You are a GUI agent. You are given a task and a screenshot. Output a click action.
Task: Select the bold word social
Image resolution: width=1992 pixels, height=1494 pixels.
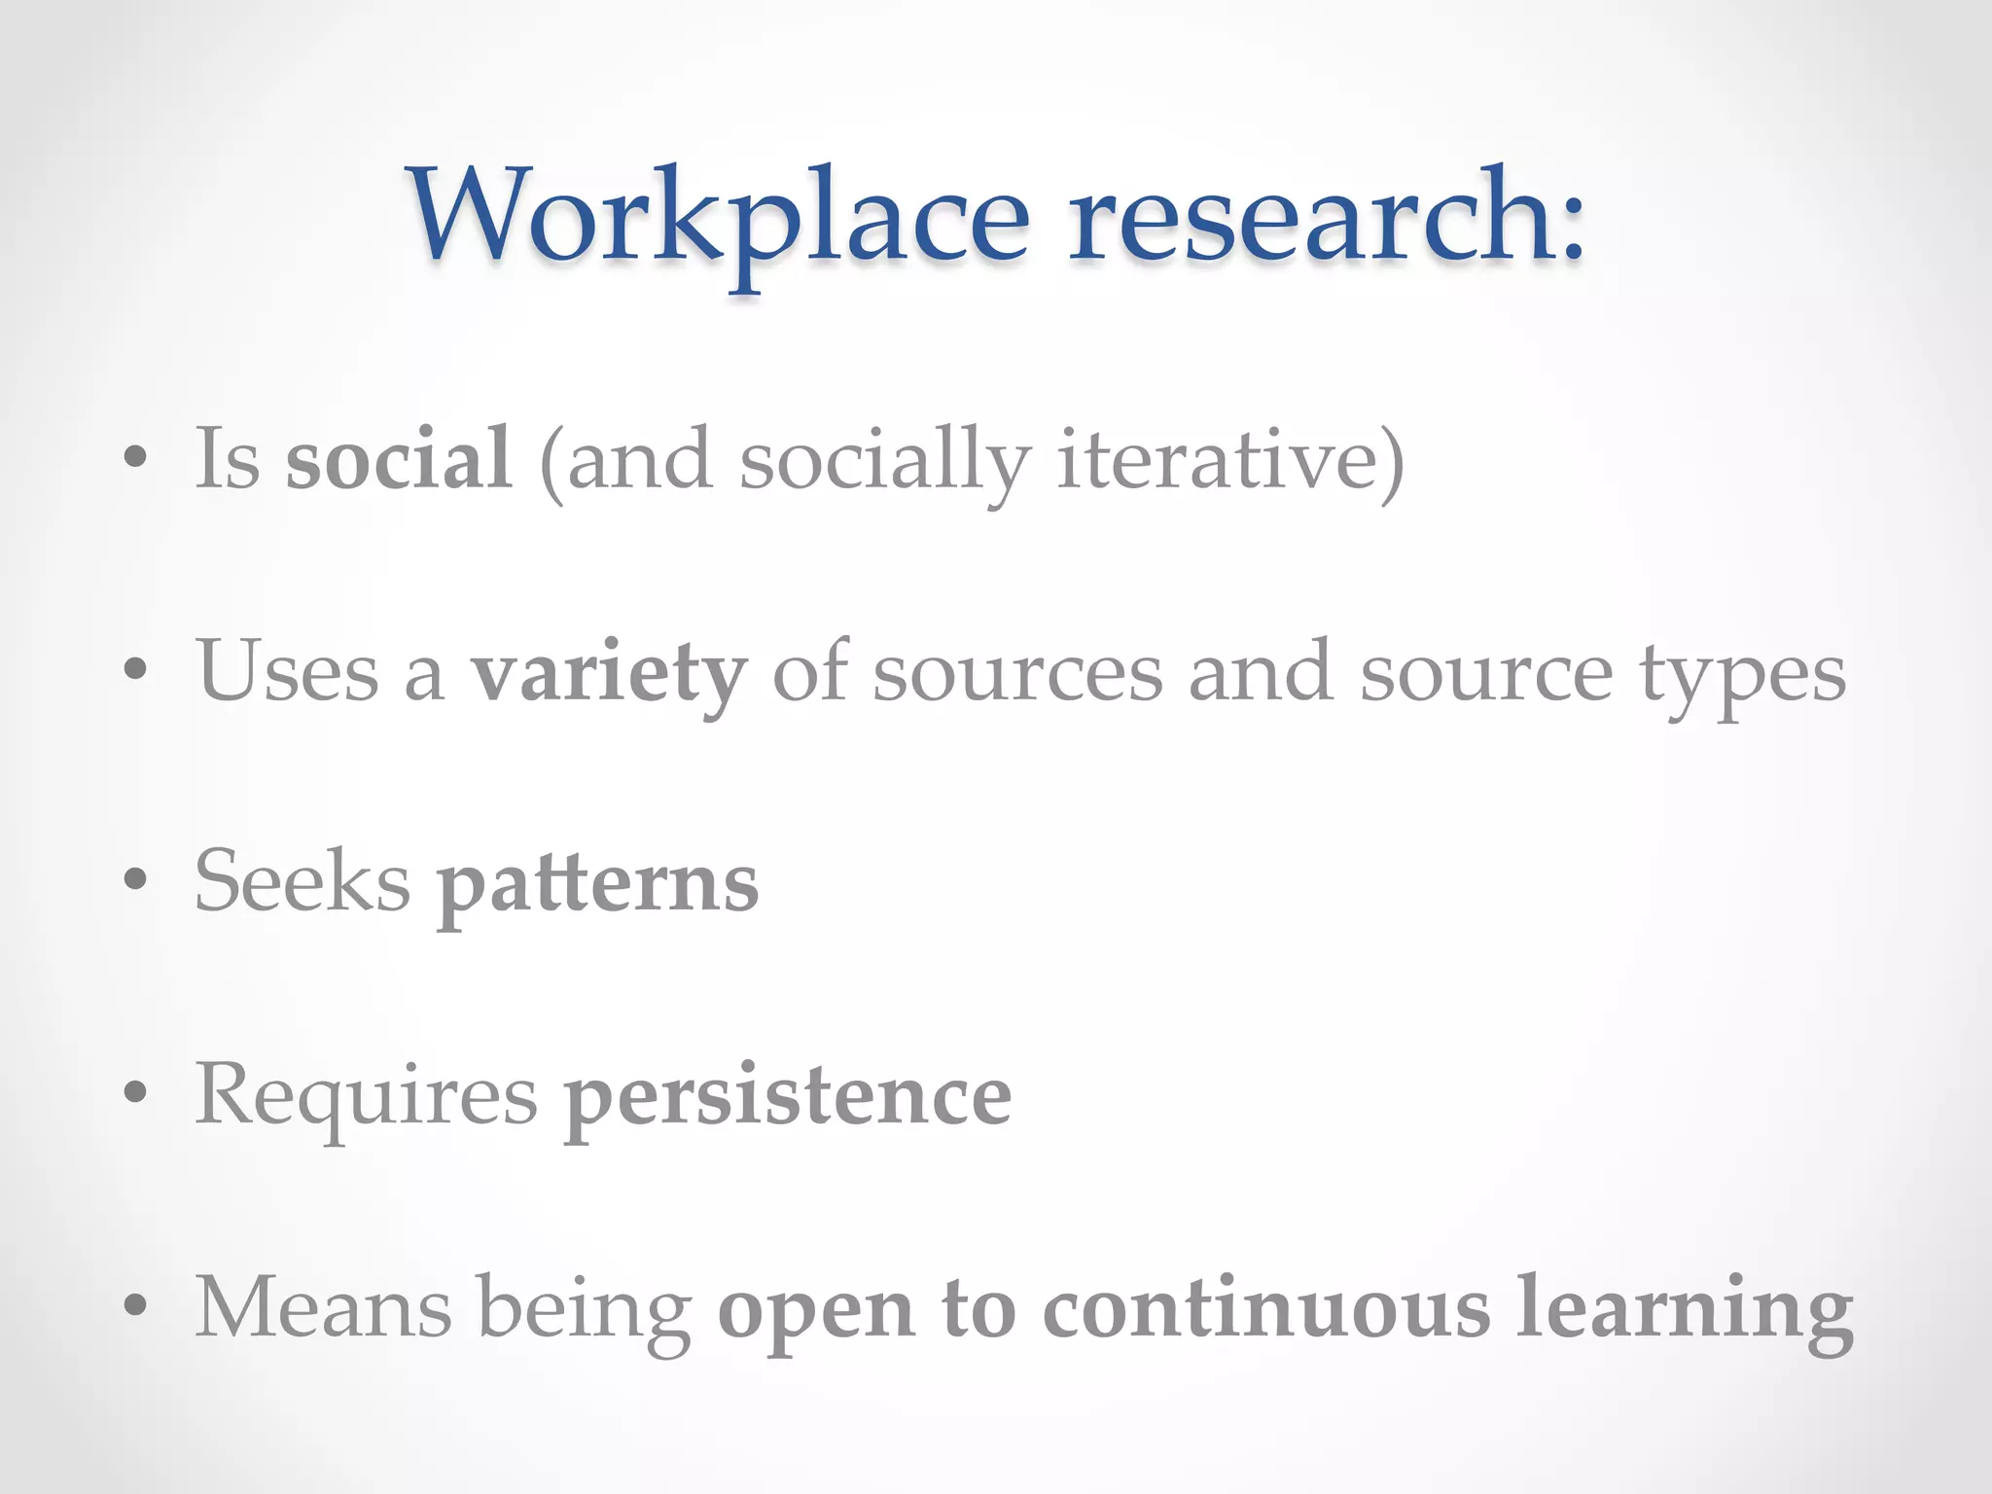click(398, 458)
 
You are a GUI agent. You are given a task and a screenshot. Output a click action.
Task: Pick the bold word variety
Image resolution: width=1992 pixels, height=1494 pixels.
click(609, 673)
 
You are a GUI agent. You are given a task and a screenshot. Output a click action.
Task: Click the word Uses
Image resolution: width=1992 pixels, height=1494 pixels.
click(288, 671)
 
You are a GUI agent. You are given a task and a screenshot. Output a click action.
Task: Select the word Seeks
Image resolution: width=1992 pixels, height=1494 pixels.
click(302, 881)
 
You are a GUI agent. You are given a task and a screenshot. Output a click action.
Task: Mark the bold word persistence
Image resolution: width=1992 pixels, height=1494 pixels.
click(788, 1098)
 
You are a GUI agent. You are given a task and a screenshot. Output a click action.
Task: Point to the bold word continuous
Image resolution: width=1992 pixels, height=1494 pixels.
click(1265, 1309)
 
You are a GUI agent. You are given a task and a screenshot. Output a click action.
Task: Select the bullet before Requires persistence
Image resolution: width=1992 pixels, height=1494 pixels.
click(135, 1091)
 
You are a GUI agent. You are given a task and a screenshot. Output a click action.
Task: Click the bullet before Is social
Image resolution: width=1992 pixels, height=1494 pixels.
click(135, 457)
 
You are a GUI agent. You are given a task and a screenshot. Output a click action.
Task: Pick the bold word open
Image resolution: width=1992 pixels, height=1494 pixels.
click(815, 1313)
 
